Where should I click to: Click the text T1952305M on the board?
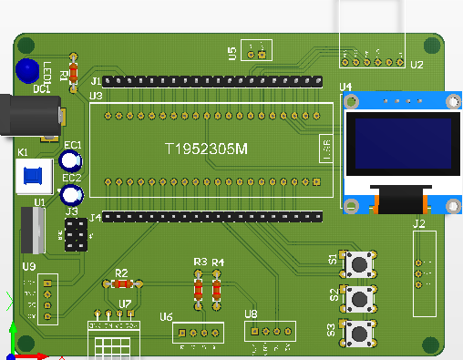(x=205, y=150)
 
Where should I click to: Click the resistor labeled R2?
(x=120, y=283)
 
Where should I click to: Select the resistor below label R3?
(x=200, y=290)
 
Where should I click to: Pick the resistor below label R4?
(x=217, y=290)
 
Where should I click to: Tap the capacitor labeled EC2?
(x=71, y=194)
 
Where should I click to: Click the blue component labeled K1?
(x=34, y=176)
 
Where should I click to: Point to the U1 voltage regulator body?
(x=32, y=230)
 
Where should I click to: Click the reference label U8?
(x=251, y=314)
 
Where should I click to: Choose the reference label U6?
(x=166, y=316)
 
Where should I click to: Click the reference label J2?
(x=419, y=223)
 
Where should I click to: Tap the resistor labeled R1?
(x=74, y=73)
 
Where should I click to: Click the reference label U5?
(x=232, y=52)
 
